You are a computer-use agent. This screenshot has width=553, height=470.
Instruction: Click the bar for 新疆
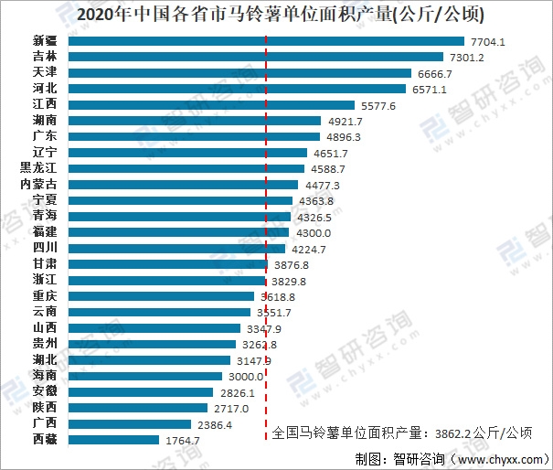265,42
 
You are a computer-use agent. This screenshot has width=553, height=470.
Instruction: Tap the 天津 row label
43,73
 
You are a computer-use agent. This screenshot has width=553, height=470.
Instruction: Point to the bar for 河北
236,90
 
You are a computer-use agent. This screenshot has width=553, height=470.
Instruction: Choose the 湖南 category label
43,121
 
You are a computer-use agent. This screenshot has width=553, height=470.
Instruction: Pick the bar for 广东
193,137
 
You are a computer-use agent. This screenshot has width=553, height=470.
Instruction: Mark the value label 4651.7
330,153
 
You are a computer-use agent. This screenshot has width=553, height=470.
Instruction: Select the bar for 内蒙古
184,185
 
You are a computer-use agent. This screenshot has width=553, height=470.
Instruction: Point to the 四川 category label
43,248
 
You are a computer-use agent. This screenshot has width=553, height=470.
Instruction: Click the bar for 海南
145,376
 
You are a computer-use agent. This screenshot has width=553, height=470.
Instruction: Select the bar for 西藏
113,439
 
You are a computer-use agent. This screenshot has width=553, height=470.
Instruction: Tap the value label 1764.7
183,440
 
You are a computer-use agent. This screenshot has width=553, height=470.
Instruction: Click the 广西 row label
43,423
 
